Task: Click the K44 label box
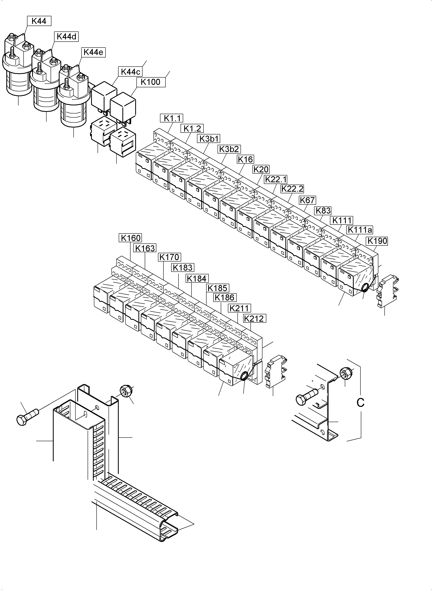(x=39, y=21)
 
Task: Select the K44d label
(x=66, y=37)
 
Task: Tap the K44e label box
(x=93, y=52)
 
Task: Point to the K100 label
(x=150, y=82)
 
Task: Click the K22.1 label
(x=276, y=179)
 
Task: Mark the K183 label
(x=183, y=267)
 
